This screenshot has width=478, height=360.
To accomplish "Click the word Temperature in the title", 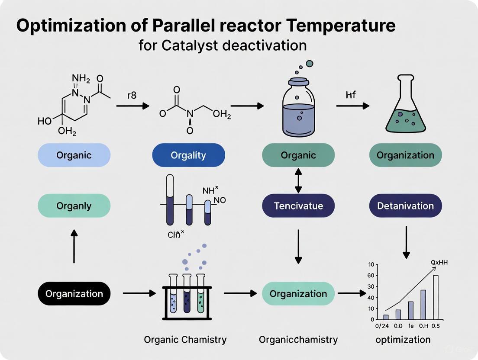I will coord(338,26).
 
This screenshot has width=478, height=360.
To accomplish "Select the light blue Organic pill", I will coord(74,155).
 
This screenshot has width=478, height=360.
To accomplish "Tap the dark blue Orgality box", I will coord(188,155).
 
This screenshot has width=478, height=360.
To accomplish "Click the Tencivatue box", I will coord(298,206).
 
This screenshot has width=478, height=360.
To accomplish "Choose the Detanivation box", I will coord(405,206).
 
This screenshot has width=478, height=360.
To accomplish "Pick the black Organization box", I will coord(74,294).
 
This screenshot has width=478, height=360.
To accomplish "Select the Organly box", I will coord(74,206).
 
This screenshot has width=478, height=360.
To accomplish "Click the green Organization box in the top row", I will coord(405,155).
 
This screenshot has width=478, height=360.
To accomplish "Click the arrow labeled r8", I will coord(132,105).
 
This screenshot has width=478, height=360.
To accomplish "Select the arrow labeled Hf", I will coord(352,105).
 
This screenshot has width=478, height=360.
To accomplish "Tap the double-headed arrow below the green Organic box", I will coord(298,181).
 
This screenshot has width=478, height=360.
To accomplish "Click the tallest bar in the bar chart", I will coord(436,297).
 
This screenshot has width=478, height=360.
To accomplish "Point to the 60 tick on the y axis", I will coord(371,276).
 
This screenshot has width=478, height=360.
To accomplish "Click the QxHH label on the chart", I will coord(439,262).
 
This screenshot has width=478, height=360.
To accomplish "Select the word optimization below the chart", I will coord(403,340).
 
